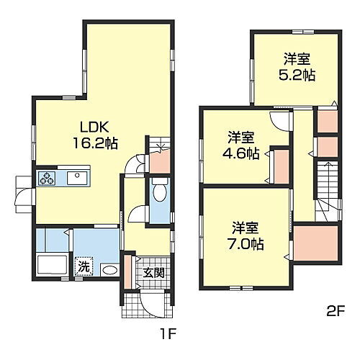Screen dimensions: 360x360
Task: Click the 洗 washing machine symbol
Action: [x=85, y=266]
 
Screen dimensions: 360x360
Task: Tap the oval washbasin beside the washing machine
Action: [x=109, y=270]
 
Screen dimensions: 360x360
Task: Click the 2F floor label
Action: [x=336, y=312]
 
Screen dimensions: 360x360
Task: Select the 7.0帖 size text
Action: [x=246, y=243]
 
